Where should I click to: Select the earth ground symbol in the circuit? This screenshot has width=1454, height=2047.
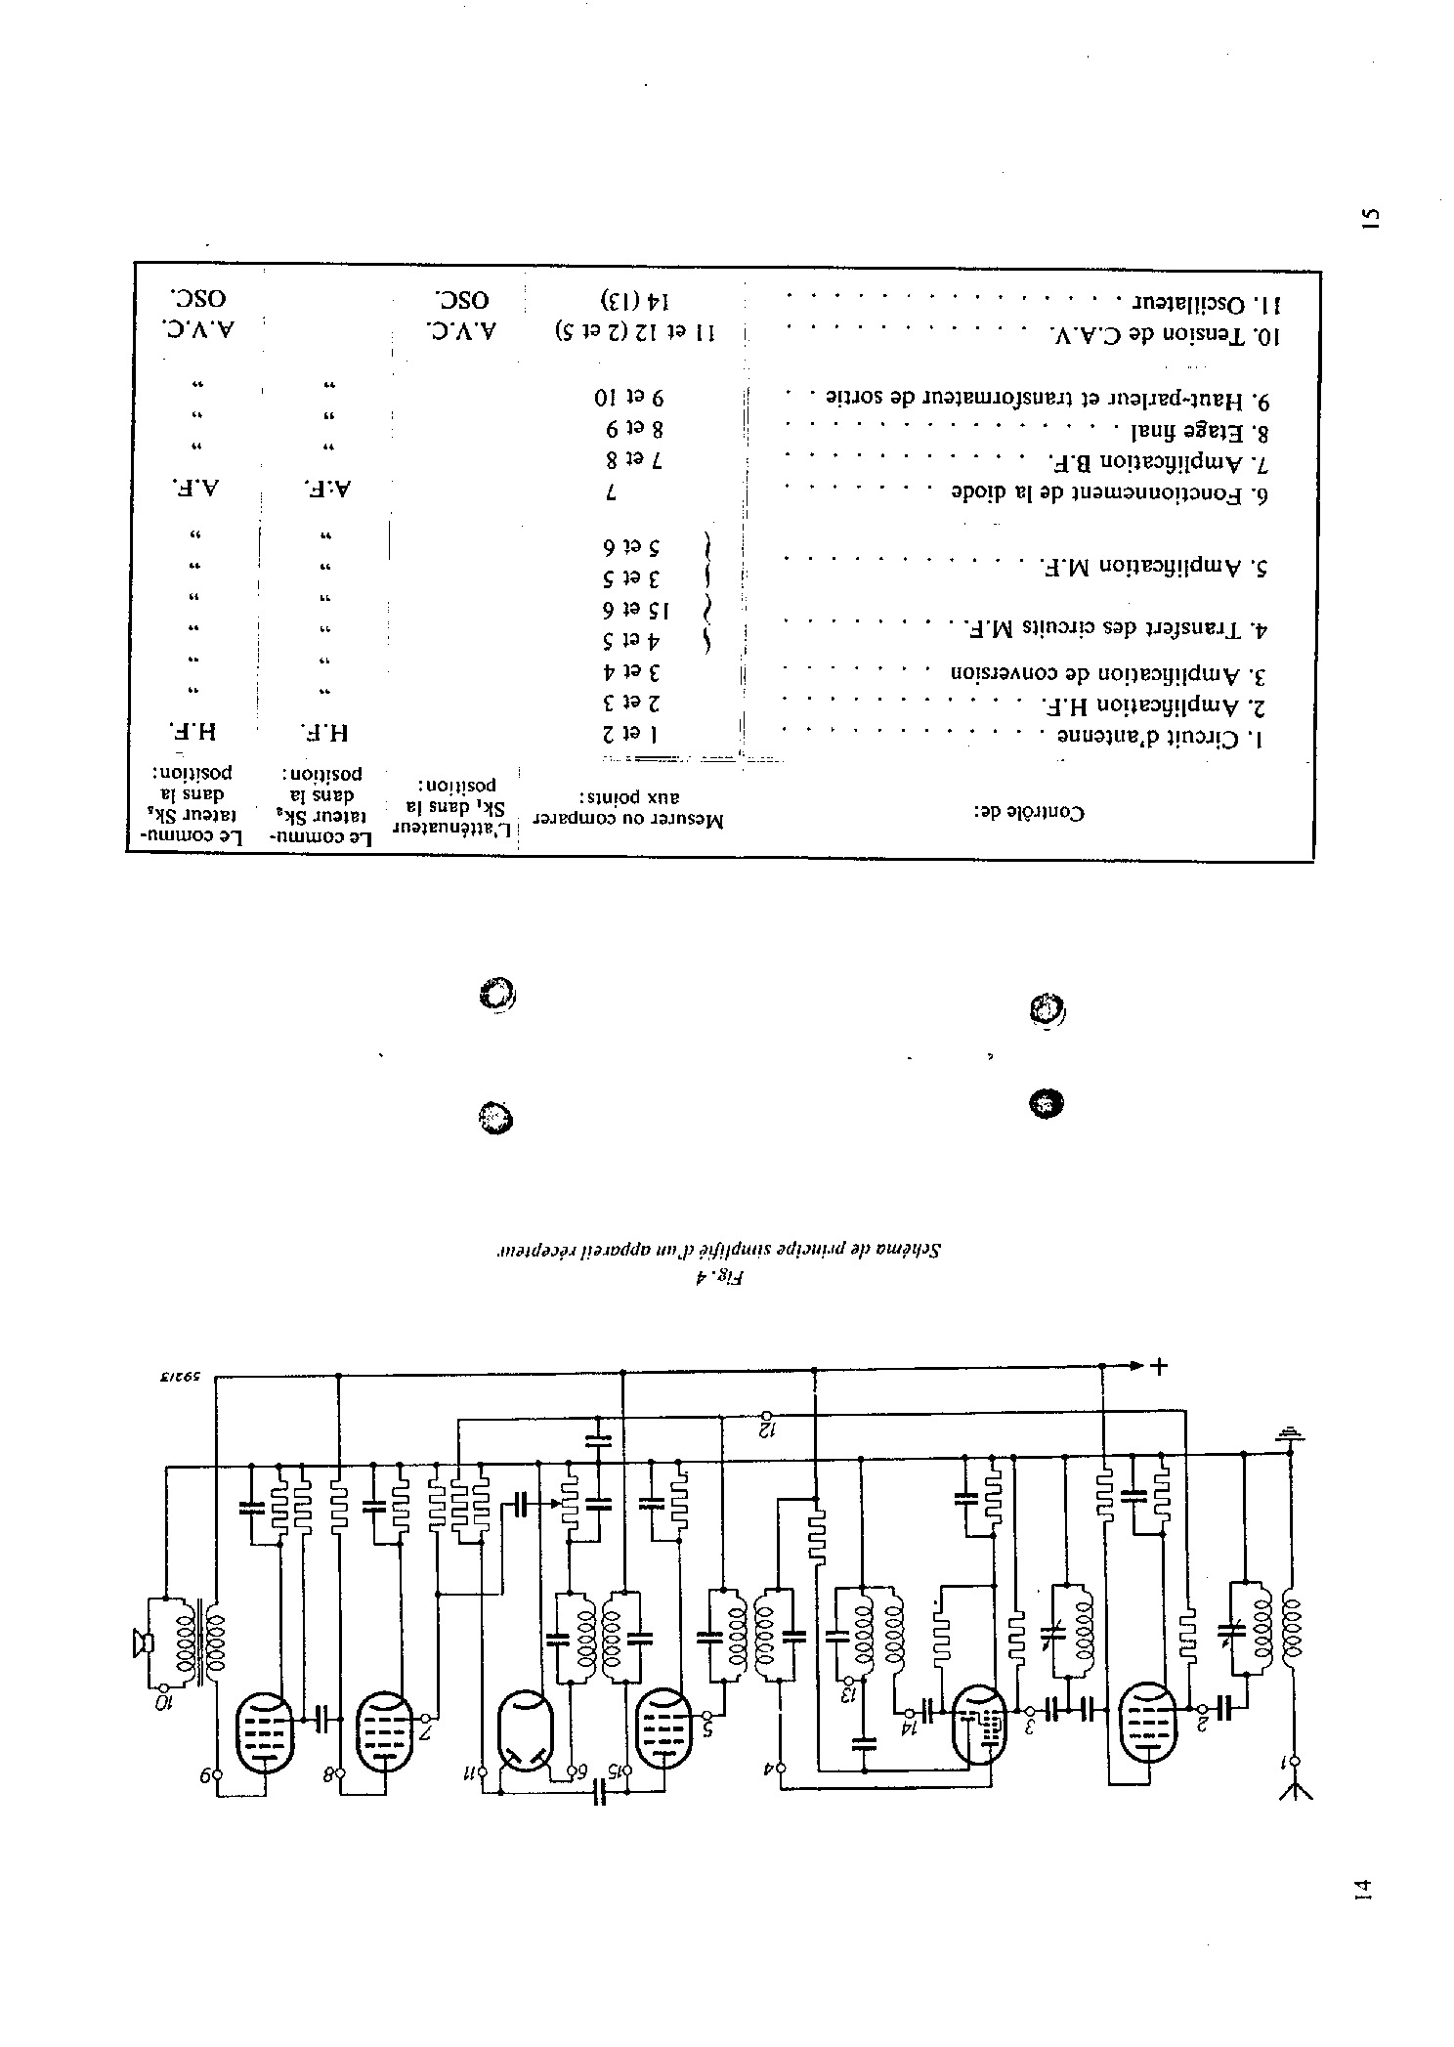[x=1290, y=1434]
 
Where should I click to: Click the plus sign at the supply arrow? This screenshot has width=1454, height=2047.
[x=1160, y=1366]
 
